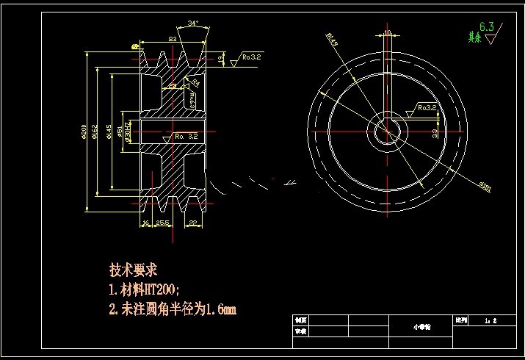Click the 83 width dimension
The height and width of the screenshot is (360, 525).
pyautogui.click(x=173, y=38)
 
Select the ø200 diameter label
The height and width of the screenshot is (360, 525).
pyautogui.click(x=86, y=131)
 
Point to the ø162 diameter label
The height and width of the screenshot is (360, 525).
pyautogui.click(x=97, y=131)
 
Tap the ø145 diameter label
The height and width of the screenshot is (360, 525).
pyautogui.click(x=109, y=131)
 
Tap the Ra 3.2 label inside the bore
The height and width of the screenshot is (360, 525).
pyautogui.click(x=186, y=136)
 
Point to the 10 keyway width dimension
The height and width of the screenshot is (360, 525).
pyautogui.click(x=387, y=32)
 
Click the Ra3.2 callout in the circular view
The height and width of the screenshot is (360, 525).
pyautogui.click(x=427, y=107)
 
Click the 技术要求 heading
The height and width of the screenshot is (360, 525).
pyautogui.click(x=134, y=270)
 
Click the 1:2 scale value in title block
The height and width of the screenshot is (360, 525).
pyautogui.click(x=491, y=321)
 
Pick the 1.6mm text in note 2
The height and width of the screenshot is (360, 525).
pyautogui.click(x=222, y=309)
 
